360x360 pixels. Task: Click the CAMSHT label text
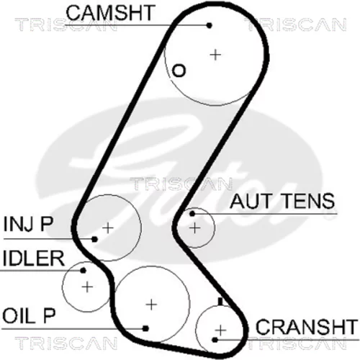click(x=109, y=12)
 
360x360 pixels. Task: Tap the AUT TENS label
click(x=282, y=201)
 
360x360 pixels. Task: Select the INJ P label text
click(x=28, y=224)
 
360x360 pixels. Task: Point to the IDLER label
click(x=34, y=258)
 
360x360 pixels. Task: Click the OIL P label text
click(x=29, y=315)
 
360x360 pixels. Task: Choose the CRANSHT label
click(x=306, y=327)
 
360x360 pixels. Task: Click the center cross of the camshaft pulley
click(x=215, y=55)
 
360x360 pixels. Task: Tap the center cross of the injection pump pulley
click(x=108, y=228)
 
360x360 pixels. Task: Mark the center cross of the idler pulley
click(x=87, y=287)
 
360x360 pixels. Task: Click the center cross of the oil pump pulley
click(x=151, y=305)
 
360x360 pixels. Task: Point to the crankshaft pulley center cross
click(x=220, y=330)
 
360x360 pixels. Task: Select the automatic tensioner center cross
click(x=195, y=228)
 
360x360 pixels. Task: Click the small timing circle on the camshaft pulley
click(x=179, y=71)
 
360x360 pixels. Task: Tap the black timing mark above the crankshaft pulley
click(x=220, y=302)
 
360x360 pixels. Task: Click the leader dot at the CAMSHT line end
click(x=210, y=25)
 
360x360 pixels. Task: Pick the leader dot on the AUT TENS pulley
click(x=192, y=213)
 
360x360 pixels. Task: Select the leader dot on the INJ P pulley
click(x=95, y=239)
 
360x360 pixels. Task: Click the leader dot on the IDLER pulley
click(x=83, y=271)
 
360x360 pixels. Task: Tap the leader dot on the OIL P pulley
click(x=145, y=328)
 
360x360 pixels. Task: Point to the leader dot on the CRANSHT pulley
click(x=215, y=340)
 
